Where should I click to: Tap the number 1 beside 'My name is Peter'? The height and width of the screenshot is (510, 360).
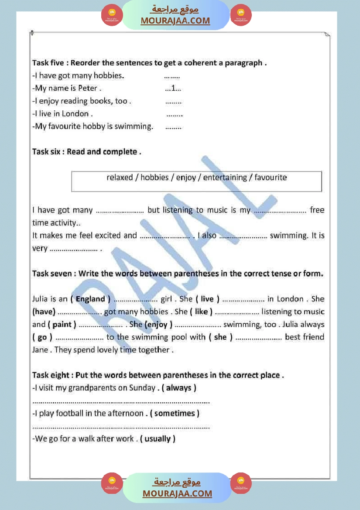[173, 88]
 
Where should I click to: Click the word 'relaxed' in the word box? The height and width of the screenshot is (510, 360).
[119, 178]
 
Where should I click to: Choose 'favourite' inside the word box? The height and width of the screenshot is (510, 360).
[271, 178]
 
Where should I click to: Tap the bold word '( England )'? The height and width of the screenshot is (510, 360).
[90, 299]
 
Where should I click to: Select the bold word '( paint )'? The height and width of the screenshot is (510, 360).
[62, 325]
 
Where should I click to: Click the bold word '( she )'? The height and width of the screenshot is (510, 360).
[220, 337]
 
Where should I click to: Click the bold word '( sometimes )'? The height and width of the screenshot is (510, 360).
[175, 413]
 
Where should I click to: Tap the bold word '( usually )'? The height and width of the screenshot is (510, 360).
[158, 439]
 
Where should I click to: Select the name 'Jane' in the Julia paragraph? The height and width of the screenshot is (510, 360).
[40, 350]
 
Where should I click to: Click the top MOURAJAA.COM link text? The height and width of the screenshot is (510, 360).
[175, 21]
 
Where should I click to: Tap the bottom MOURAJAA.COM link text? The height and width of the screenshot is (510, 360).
[177, 493]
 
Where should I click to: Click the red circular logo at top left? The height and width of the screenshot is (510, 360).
[112, 15]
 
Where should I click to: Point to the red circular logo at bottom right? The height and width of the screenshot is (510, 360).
[241, 483]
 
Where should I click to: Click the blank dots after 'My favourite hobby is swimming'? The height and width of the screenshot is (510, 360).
[173, 127]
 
